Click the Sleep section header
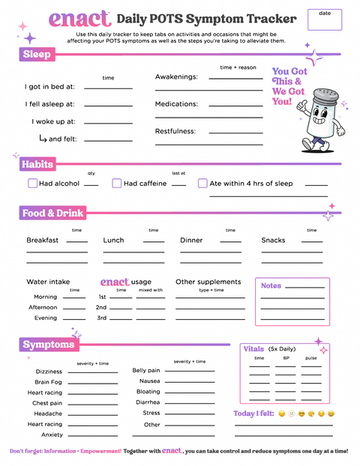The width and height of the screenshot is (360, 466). [x=37, y=54]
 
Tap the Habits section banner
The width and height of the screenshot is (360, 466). [x=37, y=164]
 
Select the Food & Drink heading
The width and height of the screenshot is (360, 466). [x=52, y=214]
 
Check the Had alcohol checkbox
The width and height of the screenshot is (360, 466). [x=32, y=184]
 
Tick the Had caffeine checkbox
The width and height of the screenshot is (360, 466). [x=117, y=184]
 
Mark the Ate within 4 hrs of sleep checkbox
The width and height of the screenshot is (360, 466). [x=202, y=184]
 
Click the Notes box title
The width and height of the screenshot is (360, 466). [x=271, y=285]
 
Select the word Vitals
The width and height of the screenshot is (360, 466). [x=253, y=348]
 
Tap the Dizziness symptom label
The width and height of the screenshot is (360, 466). [x=49, y=372]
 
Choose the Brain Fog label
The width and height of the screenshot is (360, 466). [x=49, y=382]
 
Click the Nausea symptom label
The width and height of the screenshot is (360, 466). [x=149, y=381]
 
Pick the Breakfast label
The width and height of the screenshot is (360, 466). [x=42, y=240]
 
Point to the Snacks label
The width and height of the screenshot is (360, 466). [x=273, y=240]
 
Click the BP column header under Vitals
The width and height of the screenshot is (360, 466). [x=286, y=358]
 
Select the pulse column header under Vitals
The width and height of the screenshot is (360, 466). [x=310, y=358]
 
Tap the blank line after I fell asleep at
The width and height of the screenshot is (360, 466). [x=109, y=105]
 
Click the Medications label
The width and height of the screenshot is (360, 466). [x=176, y=104]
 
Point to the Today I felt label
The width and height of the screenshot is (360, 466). [x=253, y=414]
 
